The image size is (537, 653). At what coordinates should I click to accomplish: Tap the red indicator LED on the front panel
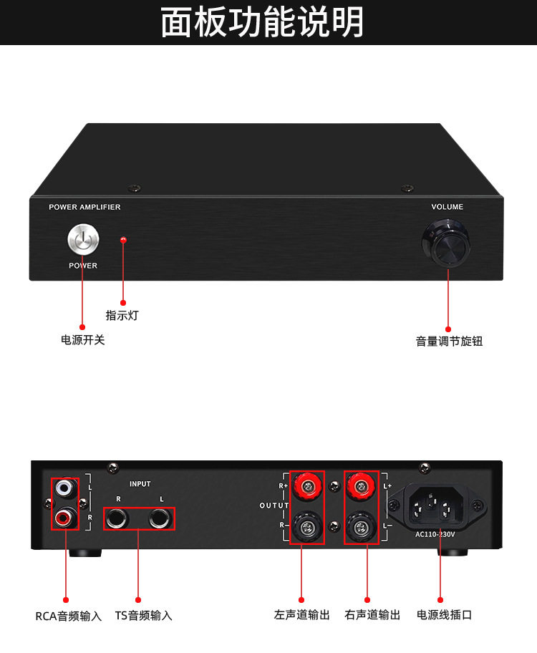pos(123,240)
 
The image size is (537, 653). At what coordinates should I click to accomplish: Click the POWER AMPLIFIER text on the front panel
pos(84,207)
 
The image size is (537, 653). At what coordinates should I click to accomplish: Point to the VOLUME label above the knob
pos(447,207)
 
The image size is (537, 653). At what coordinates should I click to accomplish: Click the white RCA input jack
pos(65,488)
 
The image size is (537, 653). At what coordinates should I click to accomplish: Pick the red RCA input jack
pos(65,516)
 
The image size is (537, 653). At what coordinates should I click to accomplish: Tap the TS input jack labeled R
pos(117,518)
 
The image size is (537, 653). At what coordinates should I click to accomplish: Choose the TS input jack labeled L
pos(162,518)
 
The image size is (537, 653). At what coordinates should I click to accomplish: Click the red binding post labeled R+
pos(306,488)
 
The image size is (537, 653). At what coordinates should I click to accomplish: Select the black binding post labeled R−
pos(306,529)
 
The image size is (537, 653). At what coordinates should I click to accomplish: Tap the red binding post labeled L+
pos(361,488)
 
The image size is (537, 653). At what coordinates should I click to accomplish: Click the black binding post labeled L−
pos(361,529)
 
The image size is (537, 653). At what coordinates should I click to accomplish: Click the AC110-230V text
pos(437,534)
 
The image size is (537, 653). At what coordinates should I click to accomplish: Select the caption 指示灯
pos(122,315)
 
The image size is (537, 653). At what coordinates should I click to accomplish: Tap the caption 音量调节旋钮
pos(449,342)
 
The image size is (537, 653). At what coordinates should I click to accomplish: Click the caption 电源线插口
pos(445,614)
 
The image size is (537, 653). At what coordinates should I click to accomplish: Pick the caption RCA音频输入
pos(69,616)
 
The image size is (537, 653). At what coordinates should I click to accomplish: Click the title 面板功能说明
pos(263,21)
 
